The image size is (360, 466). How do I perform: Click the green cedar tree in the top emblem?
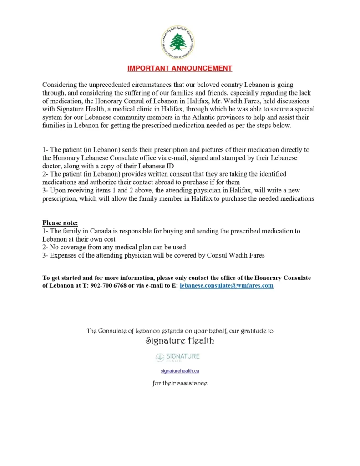point(178,42)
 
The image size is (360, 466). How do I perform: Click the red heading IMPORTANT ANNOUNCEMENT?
point(180,68)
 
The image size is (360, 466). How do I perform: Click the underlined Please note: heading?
point(60,223)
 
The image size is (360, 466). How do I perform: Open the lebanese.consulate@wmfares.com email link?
point(226,286)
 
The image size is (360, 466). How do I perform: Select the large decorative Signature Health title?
point(180,341)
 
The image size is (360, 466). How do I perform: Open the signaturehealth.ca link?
point(180,371)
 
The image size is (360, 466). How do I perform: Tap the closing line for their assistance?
point(180,384)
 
